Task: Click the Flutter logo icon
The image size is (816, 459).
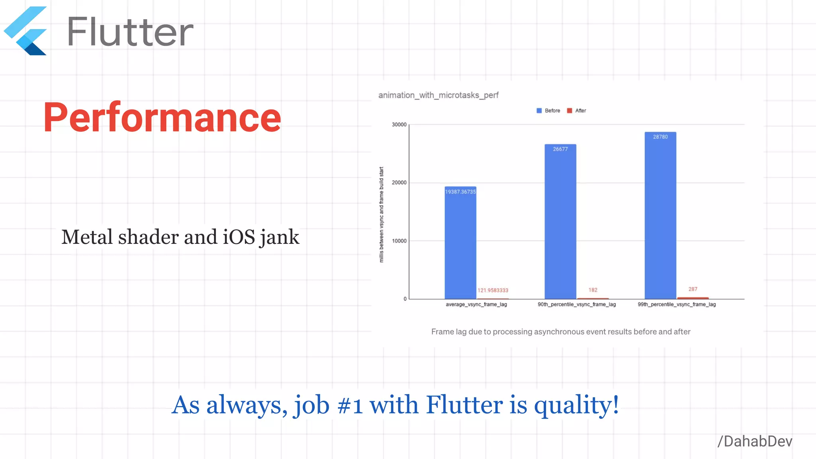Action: [25, 31]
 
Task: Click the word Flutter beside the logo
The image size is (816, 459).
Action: [130, 32]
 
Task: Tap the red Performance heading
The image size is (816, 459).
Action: [162, 117]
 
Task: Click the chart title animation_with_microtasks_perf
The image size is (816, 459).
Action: [438, 95]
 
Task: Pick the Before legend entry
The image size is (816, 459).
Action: [549, 111]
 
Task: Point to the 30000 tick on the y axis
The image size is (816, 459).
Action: [399, 125]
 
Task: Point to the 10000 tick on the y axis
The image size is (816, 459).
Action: [399, 241]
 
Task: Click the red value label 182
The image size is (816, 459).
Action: [593, 290]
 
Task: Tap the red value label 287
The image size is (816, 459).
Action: [693, 289]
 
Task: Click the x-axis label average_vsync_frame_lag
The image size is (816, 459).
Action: [476, 304]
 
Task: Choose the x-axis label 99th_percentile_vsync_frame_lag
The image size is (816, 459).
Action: [677, 304]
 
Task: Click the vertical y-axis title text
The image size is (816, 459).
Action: [381, 214]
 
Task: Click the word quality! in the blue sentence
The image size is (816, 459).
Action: [576, 405]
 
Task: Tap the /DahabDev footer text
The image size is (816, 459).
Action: [755, 441]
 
